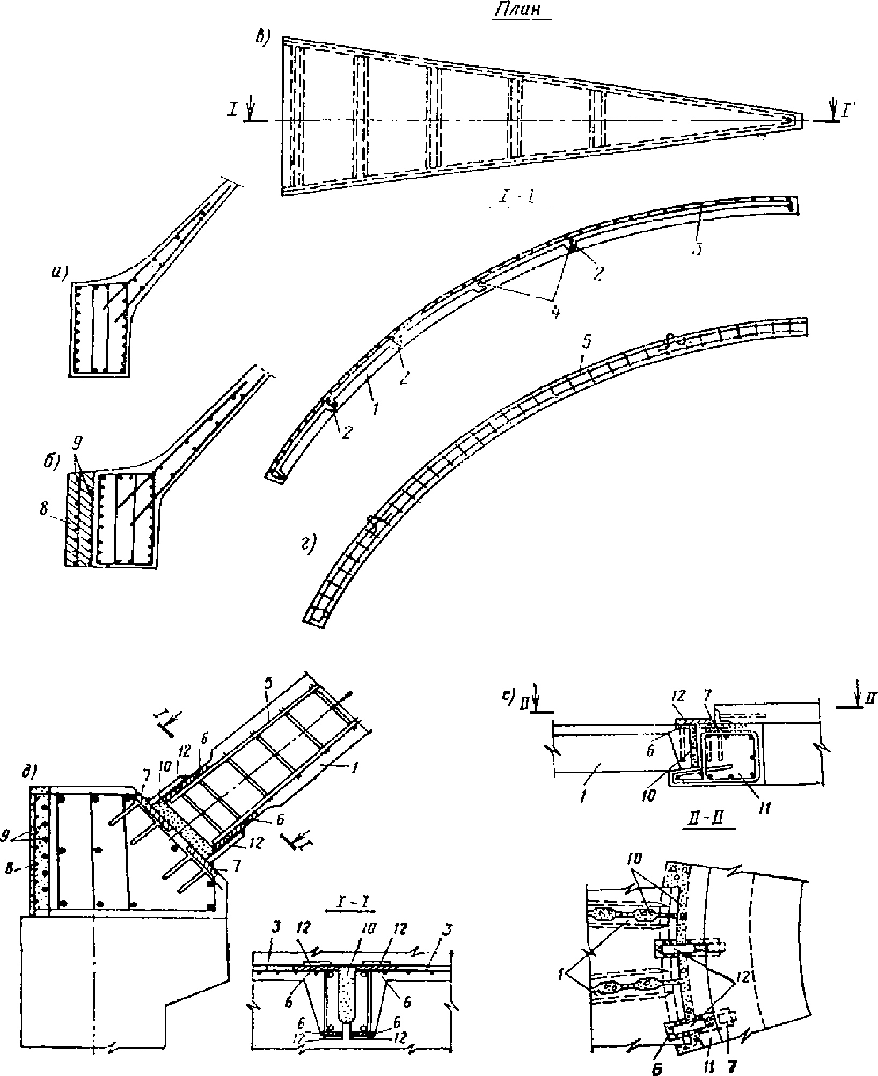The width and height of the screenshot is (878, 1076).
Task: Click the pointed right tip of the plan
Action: tap(801, 120)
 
